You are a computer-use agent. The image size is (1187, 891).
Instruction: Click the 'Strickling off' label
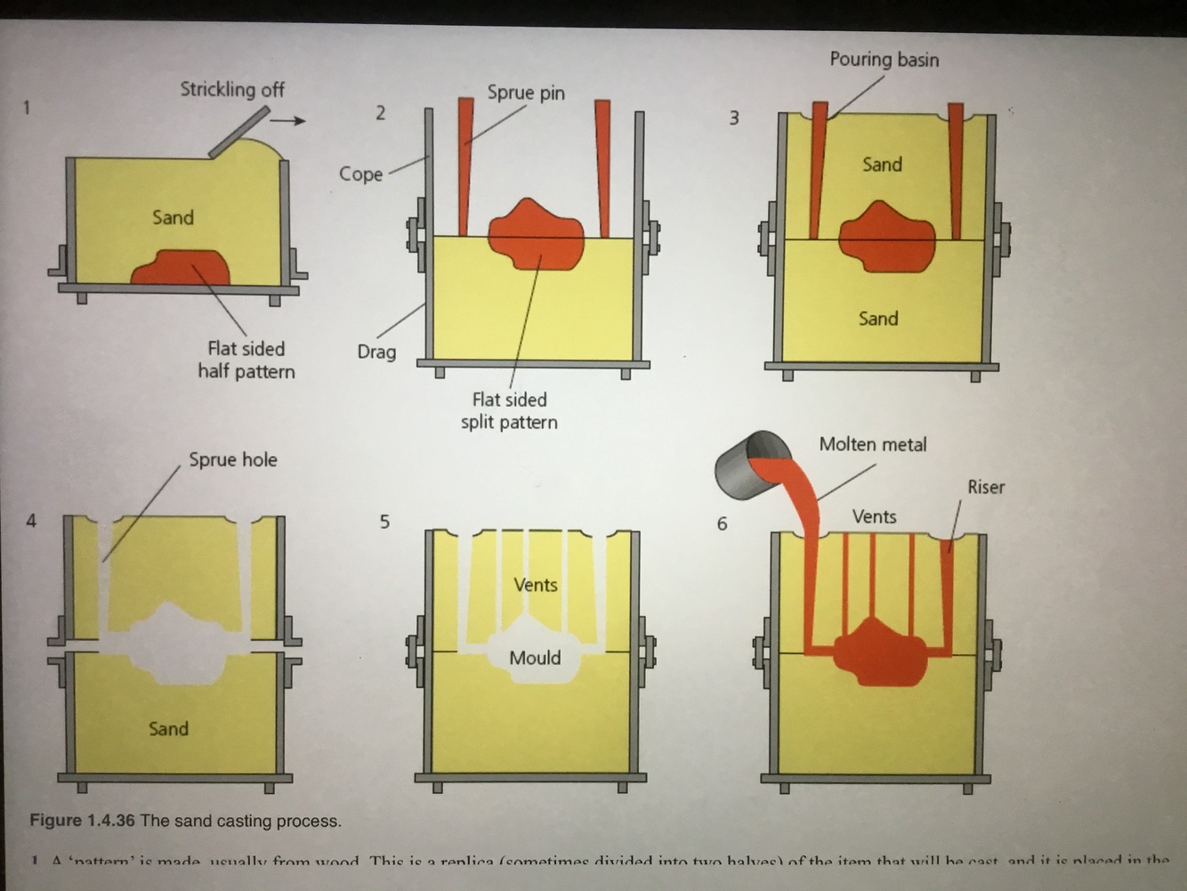pos(232,89)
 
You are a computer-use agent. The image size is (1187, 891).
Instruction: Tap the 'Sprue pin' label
pos(526,93)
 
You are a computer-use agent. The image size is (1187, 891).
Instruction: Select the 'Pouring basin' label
pos(884,60)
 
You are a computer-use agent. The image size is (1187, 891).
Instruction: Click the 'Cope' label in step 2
pos(360,174)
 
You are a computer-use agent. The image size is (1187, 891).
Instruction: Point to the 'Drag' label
pos(376,352)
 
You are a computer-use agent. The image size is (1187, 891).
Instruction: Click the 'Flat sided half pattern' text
pos(246,360)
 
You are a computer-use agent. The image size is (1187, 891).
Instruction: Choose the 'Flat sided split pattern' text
pos(509,411)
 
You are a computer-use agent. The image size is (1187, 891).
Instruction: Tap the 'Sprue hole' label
pos(232,460)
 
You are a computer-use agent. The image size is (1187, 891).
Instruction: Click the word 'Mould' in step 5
pos(535,658)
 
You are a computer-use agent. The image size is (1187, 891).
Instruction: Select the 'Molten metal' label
pos(872,444)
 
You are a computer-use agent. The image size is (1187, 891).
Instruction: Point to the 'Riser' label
pos(986,487)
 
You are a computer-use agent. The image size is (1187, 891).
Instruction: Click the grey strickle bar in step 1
pos(239,132)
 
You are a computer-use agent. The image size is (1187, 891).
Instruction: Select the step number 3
pos(734,118)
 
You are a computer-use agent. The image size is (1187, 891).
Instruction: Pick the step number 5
pos(384,522)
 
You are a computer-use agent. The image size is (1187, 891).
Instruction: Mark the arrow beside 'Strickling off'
pos(288,120)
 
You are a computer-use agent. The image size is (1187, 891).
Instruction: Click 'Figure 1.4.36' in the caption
pos(82,821)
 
